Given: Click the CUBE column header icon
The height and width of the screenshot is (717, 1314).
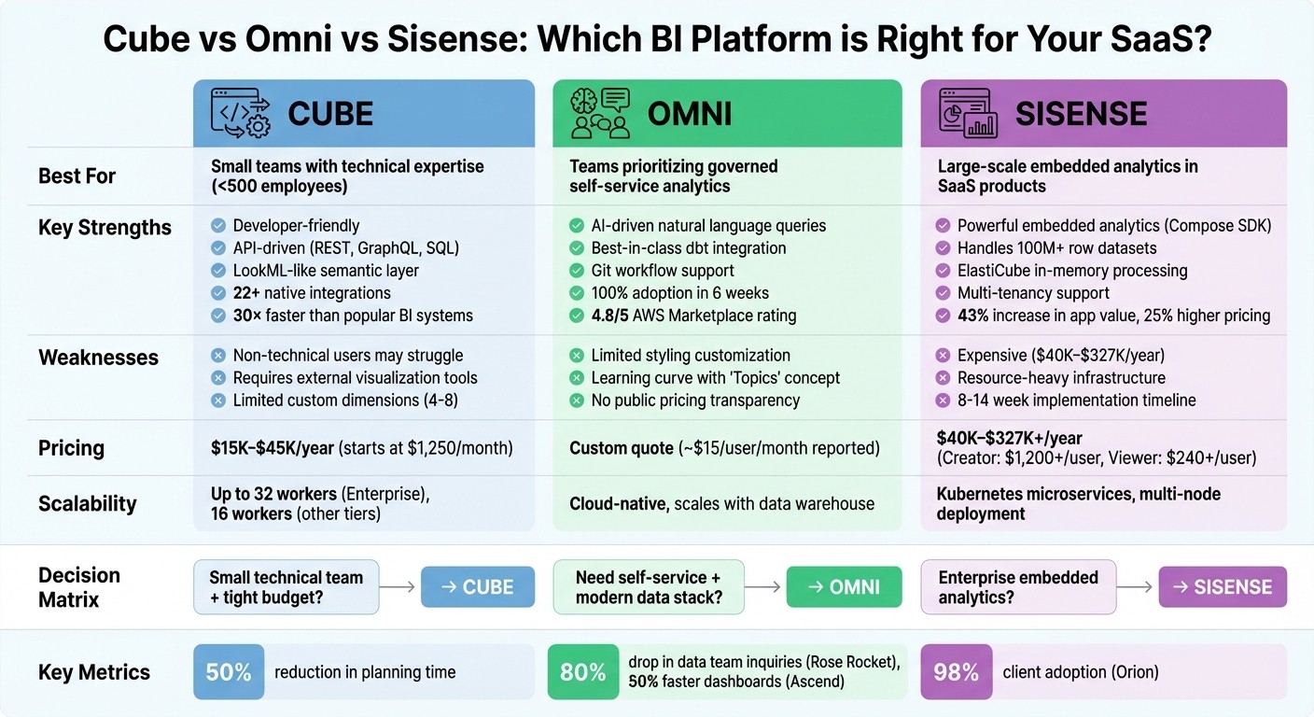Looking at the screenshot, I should point(240,113).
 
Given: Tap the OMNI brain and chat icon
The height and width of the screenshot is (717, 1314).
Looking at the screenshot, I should point(600,113).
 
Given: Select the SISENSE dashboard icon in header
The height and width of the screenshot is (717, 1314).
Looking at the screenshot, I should point(968,113).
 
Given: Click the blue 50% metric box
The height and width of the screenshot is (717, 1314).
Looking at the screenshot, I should point(229,672).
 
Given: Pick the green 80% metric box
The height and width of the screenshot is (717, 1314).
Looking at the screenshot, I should point(583,672).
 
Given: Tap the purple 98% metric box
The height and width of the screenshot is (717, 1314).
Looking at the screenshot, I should point(956,672).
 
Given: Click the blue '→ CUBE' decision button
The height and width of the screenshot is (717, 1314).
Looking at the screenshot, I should point(478,587).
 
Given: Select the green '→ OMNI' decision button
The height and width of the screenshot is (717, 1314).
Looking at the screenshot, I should point(844,587).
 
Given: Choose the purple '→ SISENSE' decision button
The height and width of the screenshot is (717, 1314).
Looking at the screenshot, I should point(1223,587).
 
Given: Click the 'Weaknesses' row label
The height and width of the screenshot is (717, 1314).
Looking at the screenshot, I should point(98,358).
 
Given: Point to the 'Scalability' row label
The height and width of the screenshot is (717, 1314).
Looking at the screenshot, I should point(87,504).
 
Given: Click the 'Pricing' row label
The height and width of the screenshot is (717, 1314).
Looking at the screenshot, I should point(71,448).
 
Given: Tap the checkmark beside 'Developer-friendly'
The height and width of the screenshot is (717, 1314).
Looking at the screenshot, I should point(218,226).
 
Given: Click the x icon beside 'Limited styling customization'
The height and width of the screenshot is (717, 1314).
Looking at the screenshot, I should point(577,356).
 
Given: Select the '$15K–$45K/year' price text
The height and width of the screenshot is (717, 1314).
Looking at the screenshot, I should point(273,448).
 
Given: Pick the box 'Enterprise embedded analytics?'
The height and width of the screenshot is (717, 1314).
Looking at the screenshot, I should point(1017,587).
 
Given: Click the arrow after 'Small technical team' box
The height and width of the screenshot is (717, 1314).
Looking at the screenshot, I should point(399,587).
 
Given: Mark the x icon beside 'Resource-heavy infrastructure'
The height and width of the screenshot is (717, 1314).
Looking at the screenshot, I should point(943,378).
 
